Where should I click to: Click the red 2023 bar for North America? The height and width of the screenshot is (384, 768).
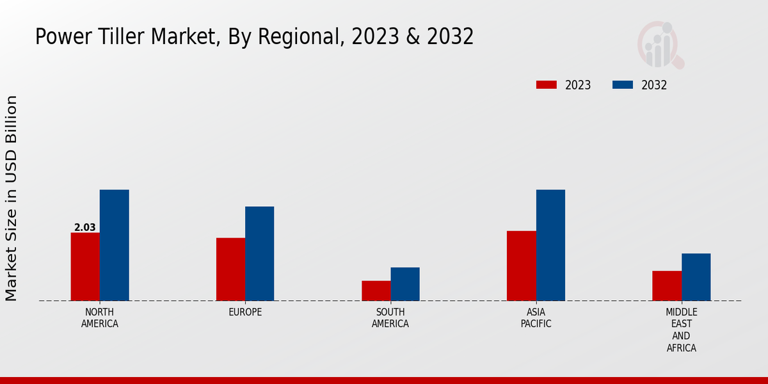[85, 266]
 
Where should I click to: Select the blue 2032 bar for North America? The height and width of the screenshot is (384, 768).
[114, 245]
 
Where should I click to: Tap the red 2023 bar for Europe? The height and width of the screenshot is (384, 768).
[230, 269]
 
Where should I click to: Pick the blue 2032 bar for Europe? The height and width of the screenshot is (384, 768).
[259, 253]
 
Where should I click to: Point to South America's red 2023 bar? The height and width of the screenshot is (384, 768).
[376, 291]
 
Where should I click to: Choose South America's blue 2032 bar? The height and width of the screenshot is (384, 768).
[405, 284]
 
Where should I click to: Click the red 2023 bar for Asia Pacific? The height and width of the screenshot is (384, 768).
[521, 266]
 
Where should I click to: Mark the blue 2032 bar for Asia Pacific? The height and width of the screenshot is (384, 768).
[550, 245]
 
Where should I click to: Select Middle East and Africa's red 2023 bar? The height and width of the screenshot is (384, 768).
[667, 285]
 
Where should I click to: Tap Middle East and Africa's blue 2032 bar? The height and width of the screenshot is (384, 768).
[696, 277]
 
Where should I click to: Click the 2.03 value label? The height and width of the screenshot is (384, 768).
[85, 227]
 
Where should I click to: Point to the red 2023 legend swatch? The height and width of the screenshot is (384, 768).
[547, 85]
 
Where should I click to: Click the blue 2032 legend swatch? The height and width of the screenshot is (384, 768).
[623, 85]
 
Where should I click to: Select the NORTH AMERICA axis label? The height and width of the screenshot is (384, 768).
[100, 317]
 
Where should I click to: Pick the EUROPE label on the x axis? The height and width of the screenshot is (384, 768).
[245, 312]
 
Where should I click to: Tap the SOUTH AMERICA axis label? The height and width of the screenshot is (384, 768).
[390, 317]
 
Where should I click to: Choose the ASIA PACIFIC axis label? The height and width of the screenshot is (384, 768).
[536, 317]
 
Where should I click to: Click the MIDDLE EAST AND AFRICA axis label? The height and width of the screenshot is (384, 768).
[681, 330]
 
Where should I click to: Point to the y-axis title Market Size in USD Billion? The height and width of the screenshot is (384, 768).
[12, 198]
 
